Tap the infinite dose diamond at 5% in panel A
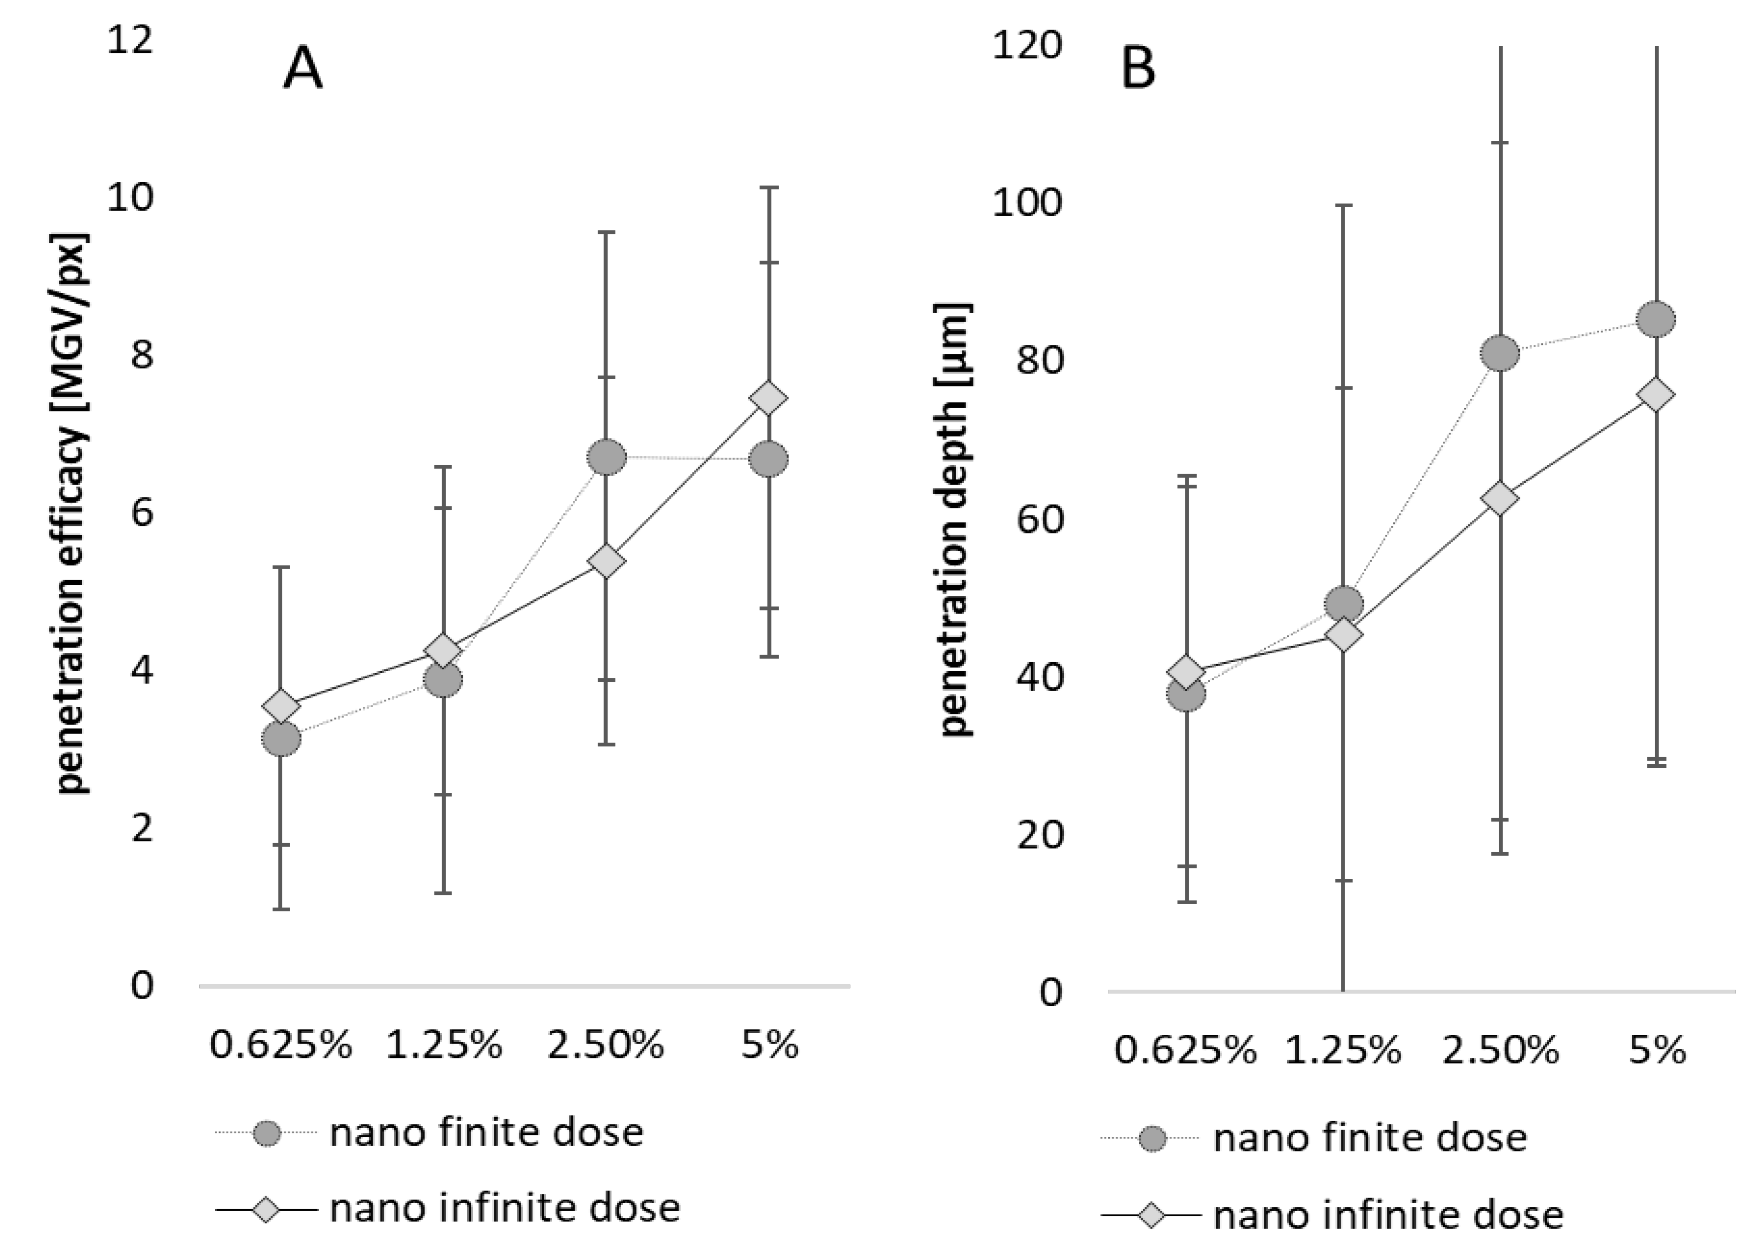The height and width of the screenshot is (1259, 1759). tap(770, 398)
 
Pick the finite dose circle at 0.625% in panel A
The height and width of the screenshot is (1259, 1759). tap(281, 739)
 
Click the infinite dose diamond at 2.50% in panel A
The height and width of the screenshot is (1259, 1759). tap(607, 561)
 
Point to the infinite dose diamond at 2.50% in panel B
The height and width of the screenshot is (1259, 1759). tap(1500, 498)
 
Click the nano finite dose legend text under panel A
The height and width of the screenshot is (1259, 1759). tap(486, 1133)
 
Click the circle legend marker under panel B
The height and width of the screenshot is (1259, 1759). tap(1152, 1138)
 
